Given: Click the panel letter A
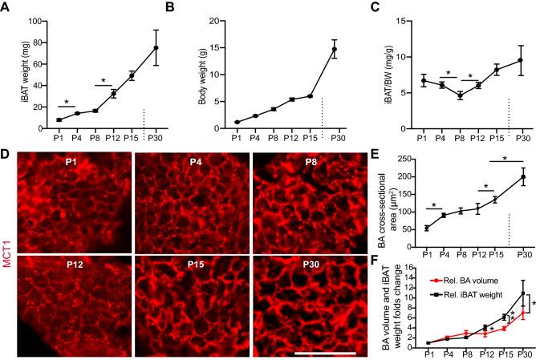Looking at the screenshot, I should coord(6,9).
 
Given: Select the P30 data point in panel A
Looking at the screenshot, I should coord(157,47).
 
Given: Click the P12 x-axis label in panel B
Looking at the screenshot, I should coord(270,138).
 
